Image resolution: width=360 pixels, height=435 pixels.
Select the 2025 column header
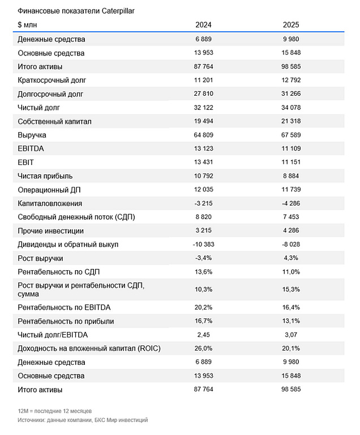tap(291, 25)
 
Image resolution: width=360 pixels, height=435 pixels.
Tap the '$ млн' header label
tap(28, 25)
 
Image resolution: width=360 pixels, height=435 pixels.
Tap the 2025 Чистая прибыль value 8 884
tap(291, 176)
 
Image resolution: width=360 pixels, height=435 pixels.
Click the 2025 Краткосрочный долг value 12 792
tap(291, 80)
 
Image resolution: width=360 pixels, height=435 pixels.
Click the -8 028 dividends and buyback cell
tap(291, 244)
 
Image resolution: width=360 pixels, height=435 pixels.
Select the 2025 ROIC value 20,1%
tap(291, 348)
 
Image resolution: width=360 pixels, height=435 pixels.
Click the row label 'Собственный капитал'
tap(54, 121)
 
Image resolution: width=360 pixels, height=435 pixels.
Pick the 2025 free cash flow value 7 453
tap(291, 217)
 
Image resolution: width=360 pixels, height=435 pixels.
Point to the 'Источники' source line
tap(83, 420)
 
